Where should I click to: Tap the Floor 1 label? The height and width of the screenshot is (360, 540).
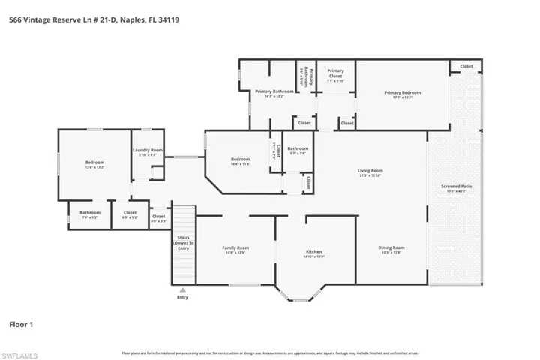point(21,325)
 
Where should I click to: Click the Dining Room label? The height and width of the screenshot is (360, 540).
point(391,250)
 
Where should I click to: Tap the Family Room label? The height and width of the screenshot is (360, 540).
point(235,250)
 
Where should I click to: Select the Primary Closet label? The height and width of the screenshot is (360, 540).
point(335,73)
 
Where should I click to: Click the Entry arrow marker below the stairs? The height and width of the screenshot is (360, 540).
point(182,289)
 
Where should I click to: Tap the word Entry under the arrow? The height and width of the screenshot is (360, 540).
point(182,298)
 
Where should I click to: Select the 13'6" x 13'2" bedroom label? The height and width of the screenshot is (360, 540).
point(94,165)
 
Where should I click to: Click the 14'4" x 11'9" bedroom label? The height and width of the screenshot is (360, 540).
point(240,161)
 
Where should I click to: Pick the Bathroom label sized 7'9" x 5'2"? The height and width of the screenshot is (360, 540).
point(90,215)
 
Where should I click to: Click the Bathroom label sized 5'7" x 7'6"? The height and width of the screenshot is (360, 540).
point(297,151)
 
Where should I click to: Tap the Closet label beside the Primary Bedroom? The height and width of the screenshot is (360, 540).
point(466,67)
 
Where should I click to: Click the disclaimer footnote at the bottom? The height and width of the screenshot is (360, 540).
point(269,352)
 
